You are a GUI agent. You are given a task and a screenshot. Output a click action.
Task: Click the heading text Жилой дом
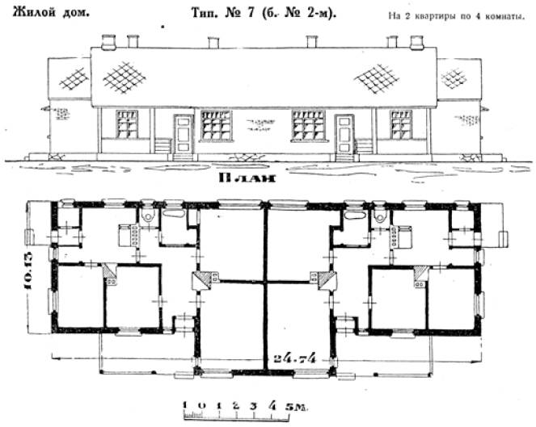point(51,13)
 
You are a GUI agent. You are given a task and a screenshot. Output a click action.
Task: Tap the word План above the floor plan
point(247,178)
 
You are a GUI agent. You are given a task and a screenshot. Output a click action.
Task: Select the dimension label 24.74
point(295,358)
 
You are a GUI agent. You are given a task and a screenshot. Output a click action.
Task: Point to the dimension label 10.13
point(28,270)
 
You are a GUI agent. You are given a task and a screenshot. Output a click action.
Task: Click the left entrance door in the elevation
point(184,134)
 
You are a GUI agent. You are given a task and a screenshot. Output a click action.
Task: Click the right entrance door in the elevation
point(344,134)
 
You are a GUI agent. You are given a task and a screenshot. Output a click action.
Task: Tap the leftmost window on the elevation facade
point(127,124)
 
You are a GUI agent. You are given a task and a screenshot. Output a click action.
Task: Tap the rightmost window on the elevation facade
point(401,124)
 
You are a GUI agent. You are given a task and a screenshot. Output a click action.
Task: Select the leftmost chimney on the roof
point(108,41)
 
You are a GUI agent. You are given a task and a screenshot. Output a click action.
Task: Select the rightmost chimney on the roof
point(417,42)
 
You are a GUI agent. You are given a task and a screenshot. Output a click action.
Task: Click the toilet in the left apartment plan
point(149,215)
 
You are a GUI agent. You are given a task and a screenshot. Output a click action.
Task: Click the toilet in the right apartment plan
point(379,215)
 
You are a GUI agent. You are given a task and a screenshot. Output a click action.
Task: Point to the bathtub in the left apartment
point(174,213)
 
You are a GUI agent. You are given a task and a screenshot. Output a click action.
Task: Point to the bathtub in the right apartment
point(355,215)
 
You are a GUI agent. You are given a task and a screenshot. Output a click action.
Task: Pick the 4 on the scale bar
point(272,405)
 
